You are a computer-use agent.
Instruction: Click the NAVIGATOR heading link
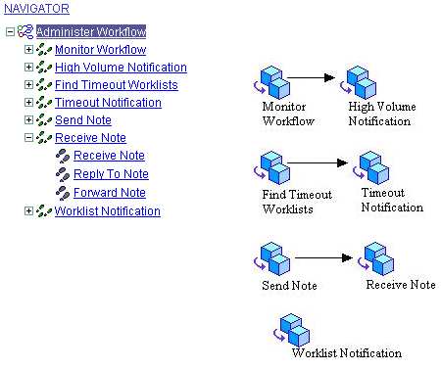tap(36, 9)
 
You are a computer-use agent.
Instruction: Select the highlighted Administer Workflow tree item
tap(91, 32)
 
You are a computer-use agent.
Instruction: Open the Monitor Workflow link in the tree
tap(100, 50)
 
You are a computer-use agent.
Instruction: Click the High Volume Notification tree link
tap(121, 68)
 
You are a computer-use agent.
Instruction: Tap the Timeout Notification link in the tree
tap(108, 103)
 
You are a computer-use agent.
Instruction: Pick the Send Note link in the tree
tap(83, 120)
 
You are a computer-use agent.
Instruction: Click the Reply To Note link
tap(111, 174)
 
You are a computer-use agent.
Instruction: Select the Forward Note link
tap(110, 193)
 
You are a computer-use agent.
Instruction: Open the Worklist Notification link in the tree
tap(107, 210)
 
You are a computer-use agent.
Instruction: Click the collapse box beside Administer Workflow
tap(9, 32)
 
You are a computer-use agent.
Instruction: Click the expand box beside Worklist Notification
tap(28, 210)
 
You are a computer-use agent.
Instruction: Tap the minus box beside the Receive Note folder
tap(28, 139)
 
